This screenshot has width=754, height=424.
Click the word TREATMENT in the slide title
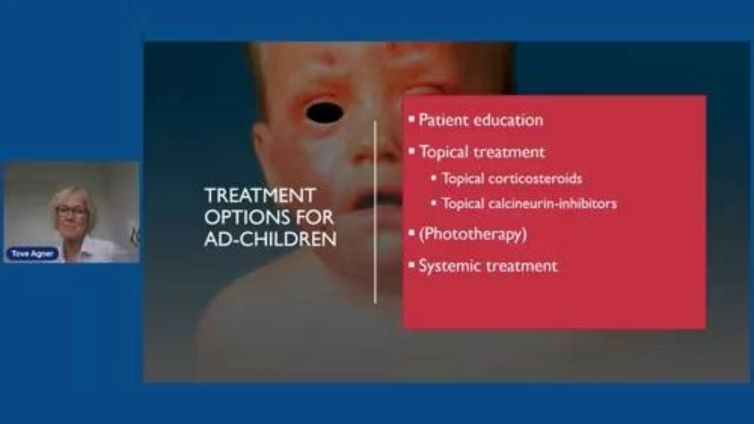point(260,195)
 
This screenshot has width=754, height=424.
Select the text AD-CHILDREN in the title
point(270,239)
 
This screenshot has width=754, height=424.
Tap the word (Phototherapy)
point(473,234)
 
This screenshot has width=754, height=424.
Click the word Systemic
point(448,266)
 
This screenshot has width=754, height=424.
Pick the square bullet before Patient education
point(412,118)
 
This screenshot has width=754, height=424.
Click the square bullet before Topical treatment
point(412,150)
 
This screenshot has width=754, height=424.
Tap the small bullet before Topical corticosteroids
point(434,178)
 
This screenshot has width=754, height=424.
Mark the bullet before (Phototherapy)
point(412,233)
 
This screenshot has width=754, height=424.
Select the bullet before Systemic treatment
point(412,265)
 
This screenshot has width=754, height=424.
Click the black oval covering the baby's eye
point(324,113)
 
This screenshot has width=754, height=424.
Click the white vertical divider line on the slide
point(375,213)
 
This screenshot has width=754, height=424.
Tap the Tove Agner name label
point(32,254)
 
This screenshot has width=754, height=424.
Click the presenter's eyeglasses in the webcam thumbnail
point(71,211)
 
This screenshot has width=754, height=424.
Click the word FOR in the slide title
point(315,218)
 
